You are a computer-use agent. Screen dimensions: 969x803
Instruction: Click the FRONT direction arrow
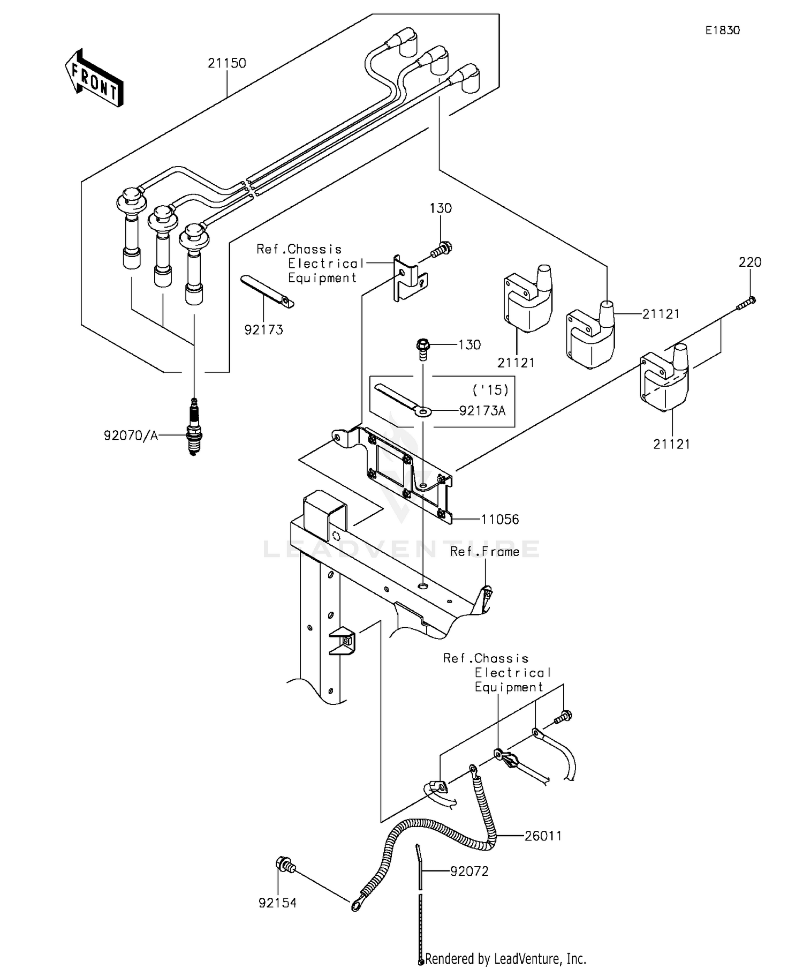[94, 78]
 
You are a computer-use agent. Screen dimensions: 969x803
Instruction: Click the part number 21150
[227, 63]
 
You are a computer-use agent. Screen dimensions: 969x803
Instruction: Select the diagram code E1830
[722, 31]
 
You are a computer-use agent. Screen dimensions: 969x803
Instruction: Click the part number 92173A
[482, 411]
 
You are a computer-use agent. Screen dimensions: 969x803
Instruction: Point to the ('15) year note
[490, 389]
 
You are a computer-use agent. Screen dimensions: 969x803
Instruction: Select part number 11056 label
[499, 519]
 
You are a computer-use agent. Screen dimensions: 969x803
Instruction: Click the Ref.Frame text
[484, 552]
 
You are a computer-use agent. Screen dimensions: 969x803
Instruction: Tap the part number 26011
[543, 836]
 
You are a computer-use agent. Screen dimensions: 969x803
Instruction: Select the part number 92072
[469, 872]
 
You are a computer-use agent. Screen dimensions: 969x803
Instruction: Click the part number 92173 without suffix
[263, 330]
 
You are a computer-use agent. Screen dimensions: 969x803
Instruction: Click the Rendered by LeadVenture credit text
[505, 958]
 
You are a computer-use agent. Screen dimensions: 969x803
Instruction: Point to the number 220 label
[749, 262]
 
